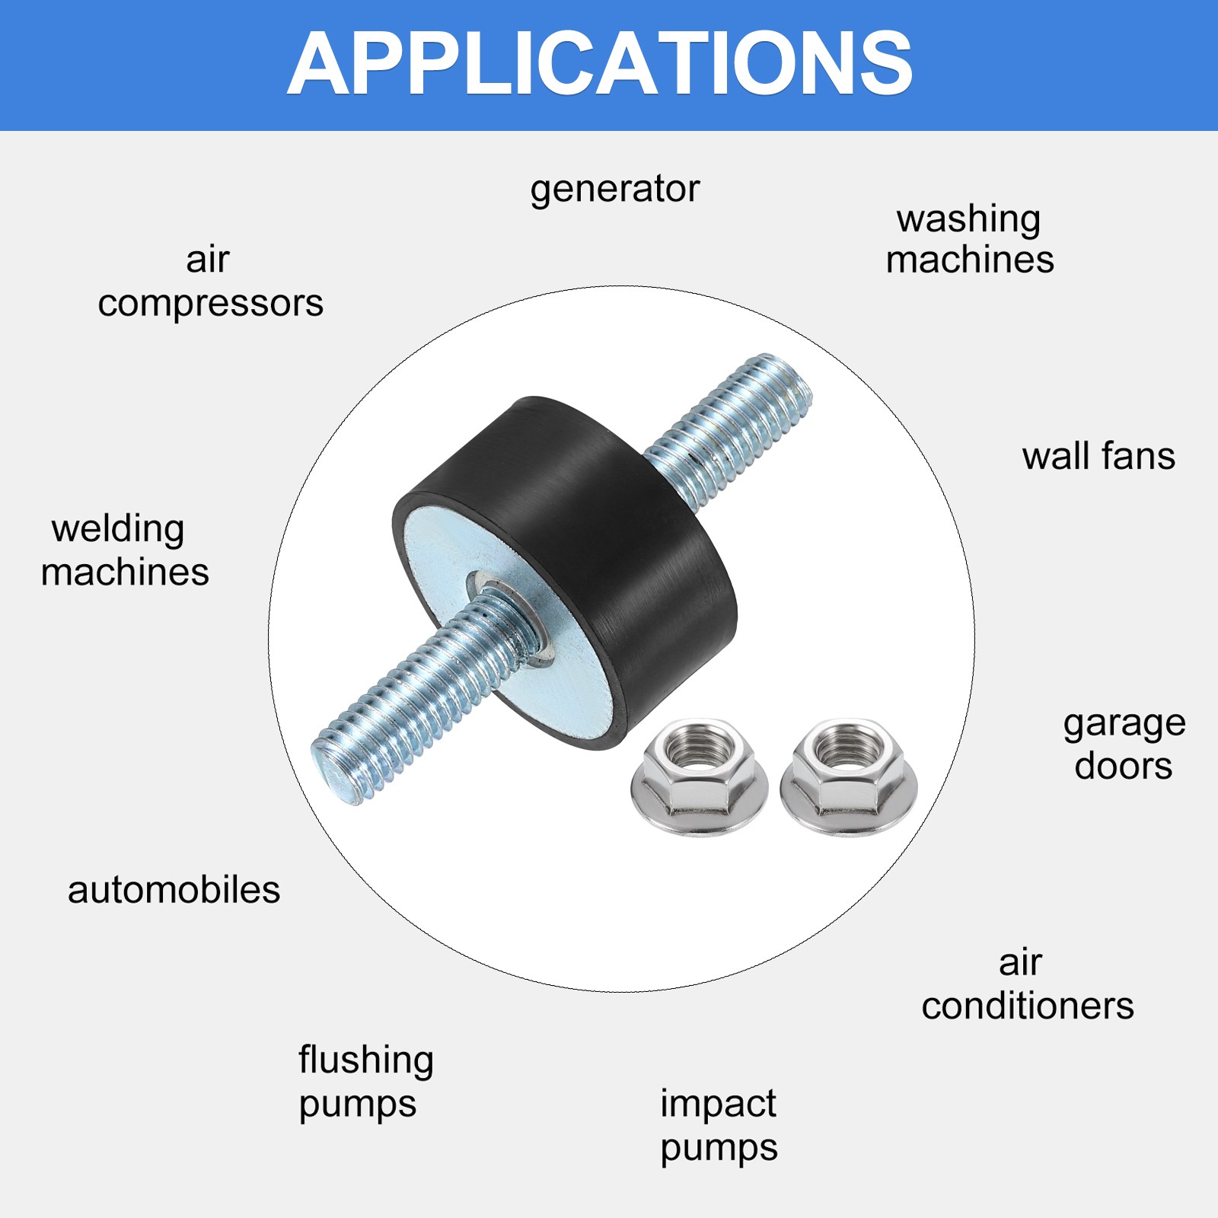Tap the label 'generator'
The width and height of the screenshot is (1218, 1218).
pos(614,189)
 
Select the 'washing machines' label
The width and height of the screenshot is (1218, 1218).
pos(970,239)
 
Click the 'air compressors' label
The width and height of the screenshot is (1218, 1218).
pos(210,282)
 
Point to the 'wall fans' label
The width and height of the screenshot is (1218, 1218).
pos(1098,457)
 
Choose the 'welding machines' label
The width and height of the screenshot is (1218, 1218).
pos(125,550)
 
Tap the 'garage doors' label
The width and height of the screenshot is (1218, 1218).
pos(1124,745)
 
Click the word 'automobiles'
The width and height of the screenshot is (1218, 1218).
pos(174,890)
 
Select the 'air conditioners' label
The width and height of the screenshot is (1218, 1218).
pos(1028,984)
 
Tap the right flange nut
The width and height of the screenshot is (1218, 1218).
pos(849,776)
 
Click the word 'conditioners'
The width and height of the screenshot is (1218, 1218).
pos(1028,1006)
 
